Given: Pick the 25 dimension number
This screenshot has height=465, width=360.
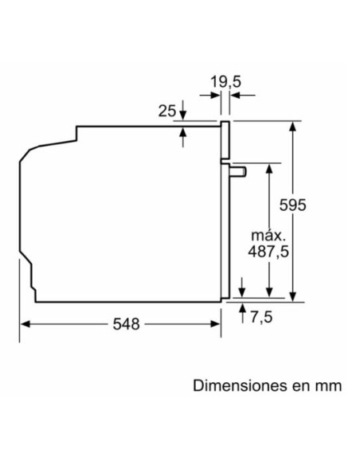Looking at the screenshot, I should click(x=166, y=111).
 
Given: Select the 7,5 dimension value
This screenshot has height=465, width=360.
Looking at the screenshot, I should click(x=261, y=317).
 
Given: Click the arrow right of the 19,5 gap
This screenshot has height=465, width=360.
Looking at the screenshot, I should click(x=237, y=96).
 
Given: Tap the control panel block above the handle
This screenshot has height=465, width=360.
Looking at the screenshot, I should click(x=225, y=139).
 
